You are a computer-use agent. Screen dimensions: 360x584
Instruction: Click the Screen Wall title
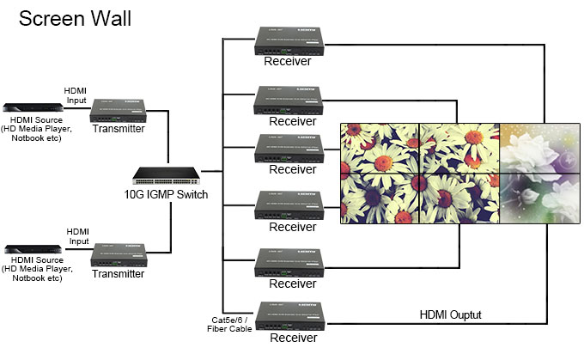click(75, 19)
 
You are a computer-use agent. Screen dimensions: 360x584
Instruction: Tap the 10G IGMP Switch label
click(166, 195)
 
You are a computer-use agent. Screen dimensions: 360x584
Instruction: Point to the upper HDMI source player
click(32, 108)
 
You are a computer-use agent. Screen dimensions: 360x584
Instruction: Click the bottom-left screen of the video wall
click(380, 199)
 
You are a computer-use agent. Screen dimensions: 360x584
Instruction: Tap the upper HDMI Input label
click(76, 95)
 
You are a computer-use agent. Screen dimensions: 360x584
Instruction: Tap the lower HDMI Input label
click(77, 235)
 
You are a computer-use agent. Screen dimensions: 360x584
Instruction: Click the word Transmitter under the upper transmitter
click(118, 129)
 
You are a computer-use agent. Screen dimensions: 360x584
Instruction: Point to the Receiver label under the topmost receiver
click(287, 61)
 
